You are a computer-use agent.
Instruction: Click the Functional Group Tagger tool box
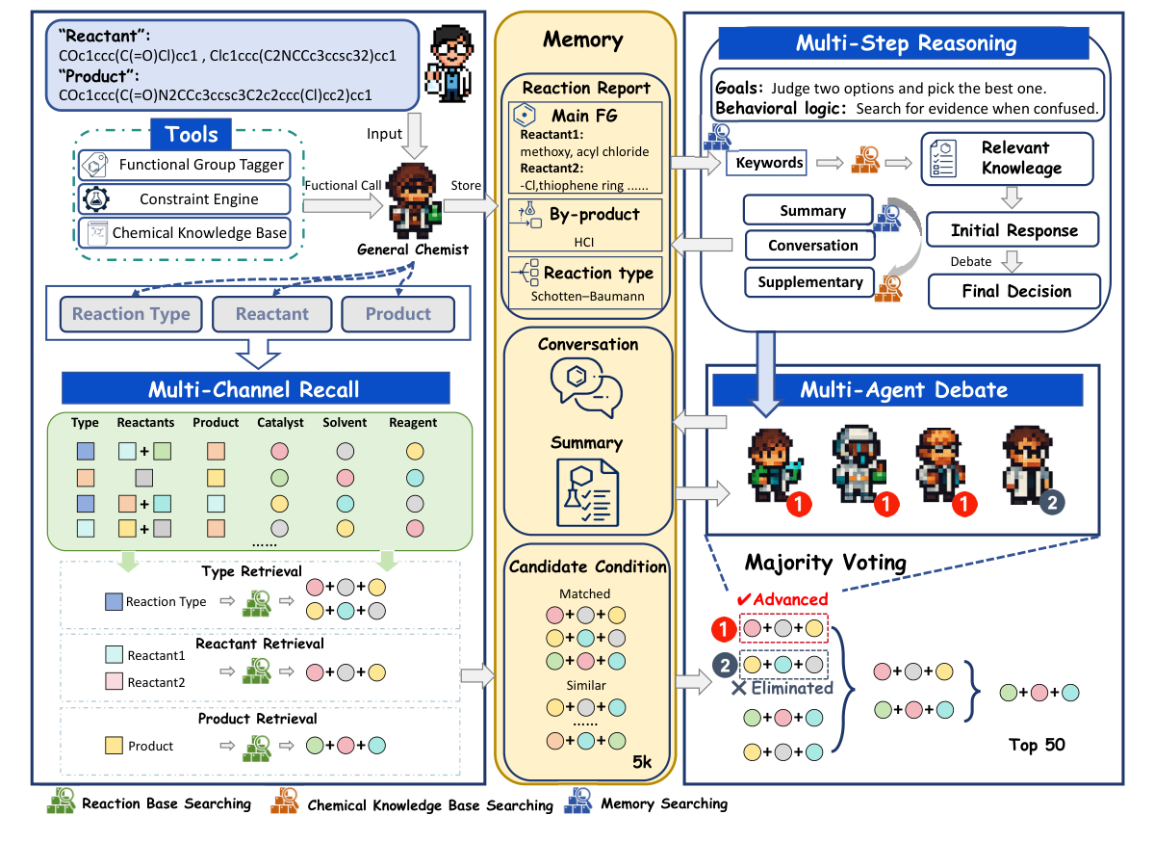point(182,165)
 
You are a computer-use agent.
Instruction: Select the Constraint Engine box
point(182,199)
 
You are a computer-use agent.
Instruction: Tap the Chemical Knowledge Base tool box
point(182,233)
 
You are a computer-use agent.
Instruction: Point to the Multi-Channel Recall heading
point(254,389)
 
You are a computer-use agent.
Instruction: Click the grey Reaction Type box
point(131,314)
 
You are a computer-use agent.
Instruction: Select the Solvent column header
point(345,423)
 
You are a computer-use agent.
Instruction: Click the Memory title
point(582,39)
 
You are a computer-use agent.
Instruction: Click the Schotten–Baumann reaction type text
point(586,297)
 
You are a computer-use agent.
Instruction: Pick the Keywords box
point(769,162)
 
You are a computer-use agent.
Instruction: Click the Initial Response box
point(1013,231)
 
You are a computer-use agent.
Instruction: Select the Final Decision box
point(1015,291)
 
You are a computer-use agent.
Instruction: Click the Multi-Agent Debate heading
point(902,390)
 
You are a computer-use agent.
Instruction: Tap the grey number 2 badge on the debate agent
point(1053,502)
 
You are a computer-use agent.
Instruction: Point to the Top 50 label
point(1037,745)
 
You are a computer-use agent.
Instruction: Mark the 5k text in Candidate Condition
point(641,762)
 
